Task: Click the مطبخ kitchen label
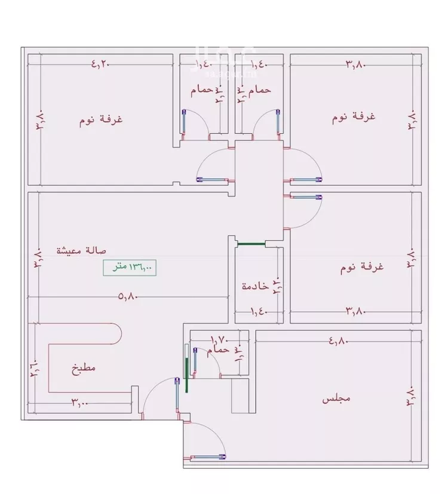pyautogui.click(x=84, y=369)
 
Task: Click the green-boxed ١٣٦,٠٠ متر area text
pyautogui.click(x=128, y=268)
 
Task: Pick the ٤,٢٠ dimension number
pyautogui.click(x=101, y=63)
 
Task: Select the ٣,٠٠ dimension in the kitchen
pyautogui.click(x=79, y=403)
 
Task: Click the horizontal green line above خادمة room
pyautogui.click(x=251, y=243)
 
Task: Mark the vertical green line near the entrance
pyautogui.click(x=188, y=375)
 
